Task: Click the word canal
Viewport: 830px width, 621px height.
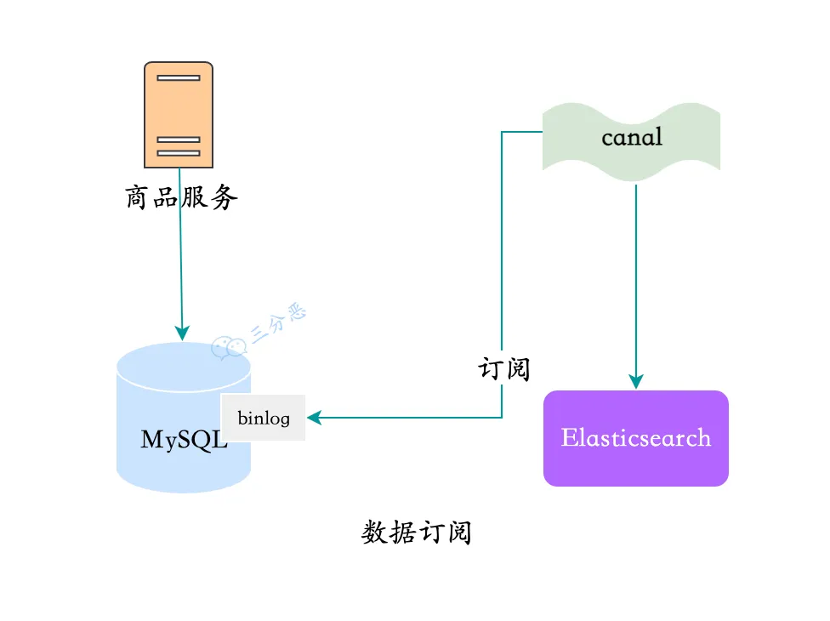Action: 631,136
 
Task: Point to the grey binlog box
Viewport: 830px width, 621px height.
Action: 263,418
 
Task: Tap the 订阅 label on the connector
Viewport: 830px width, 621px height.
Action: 504,369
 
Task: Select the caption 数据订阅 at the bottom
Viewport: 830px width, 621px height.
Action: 416,533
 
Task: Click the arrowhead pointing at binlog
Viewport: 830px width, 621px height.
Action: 314,418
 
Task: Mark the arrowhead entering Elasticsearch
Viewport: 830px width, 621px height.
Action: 635,383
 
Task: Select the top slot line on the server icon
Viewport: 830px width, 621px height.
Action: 179,77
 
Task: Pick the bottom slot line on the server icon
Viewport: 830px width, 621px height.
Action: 179,153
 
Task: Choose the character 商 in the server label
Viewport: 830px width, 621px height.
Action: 139,198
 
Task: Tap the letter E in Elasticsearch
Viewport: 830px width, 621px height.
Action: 570,438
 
